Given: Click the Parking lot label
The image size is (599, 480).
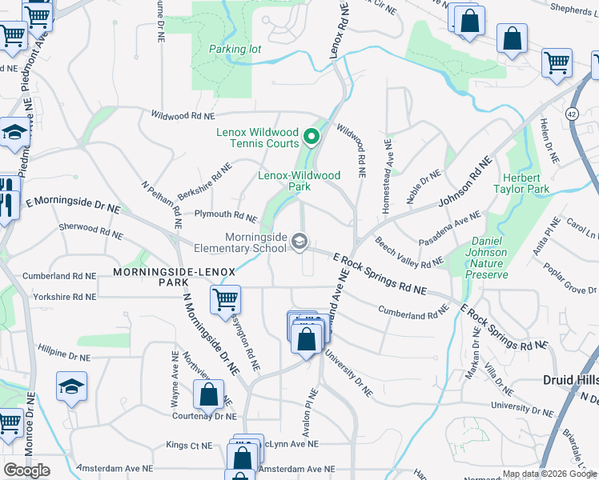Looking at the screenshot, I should pyautogui.click(x=235, y=49).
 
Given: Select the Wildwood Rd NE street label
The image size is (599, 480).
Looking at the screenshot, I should pyautogui.click(x=183, y=116).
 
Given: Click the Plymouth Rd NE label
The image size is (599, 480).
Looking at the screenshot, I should pyautogui.click(x=227, y=215).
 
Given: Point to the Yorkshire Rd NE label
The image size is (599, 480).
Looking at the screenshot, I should pyautogui.click(x=63, y=297).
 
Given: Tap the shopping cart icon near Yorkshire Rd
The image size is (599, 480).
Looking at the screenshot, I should pyautogui.click(x=225, y=301).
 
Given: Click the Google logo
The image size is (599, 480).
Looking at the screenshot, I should pyautogui.click(x=27, y=470).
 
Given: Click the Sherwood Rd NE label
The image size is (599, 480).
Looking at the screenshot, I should pyautogui.click(x=90, y=231).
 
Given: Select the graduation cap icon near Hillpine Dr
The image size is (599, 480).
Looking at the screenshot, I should pyautogui.click(x=71, y=386).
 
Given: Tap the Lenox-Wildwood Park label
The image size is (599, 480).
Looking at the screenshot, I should pyautogui.click(x=299, y=181).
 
